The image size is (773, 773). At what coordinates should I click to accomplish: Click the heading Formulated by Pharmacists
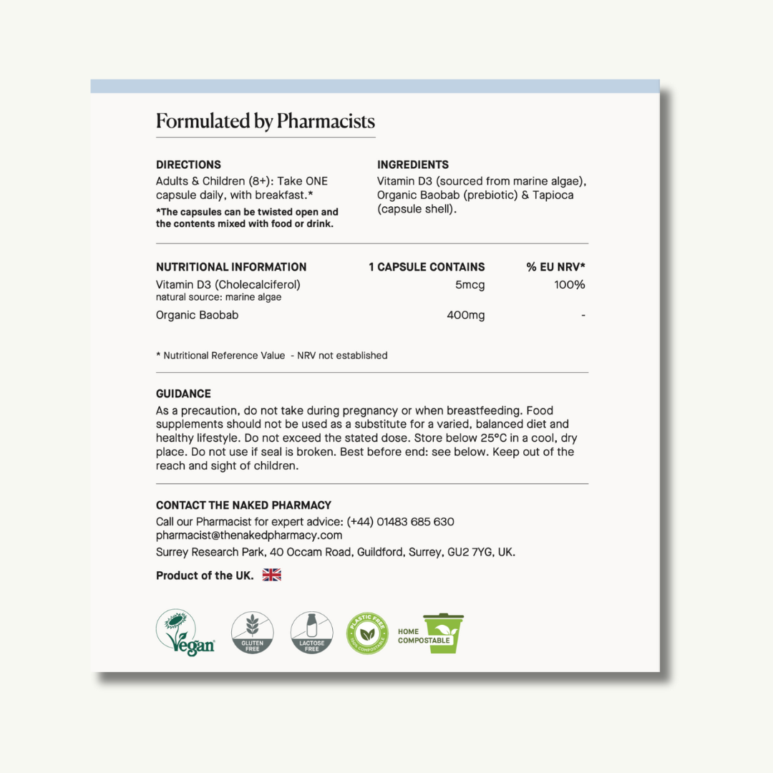(x=265, y=121)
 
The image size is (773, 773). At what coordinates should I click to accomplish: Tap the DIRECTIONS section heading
(x=188, y=165)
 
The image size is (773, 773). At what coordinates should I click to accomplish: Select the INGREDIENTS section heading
(x=413, y=165)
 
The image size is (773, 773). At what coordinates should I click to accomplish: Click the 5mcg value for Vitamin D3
(x=470, y=285)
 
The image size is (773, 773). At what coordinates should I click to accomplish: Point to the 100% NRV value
(x=570, y=285)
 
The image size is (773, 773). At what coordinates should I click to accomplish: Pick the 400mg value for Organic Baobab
(x=465, y=315)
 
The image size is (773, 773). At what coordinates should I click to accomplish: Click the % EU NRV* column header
(x=556, y=267)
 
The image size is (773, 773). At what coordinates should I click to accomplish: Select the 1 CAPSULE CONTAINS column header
(x=427, y=267)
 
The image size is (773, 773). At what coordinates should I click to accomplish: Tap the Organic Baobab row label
(x=197, y=315)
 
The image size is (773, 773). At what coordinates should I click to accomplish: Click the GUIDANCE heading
(x=183, y=394)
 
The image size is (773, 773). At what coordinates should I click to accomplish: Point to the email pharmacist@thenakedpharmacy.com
(x=249, y=535)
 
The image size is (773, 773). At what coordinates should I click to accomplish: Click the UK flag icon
(x=272, y=575)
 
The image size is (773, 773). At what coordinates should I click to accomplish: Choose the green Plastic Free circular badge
(x=368, y=633)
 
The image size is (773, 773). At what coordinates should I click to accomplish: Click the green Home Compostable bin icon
(x=444, y=633)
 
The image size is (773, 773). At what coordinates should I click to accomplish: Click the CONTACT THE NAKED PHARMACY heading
(x=243, y=505)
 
